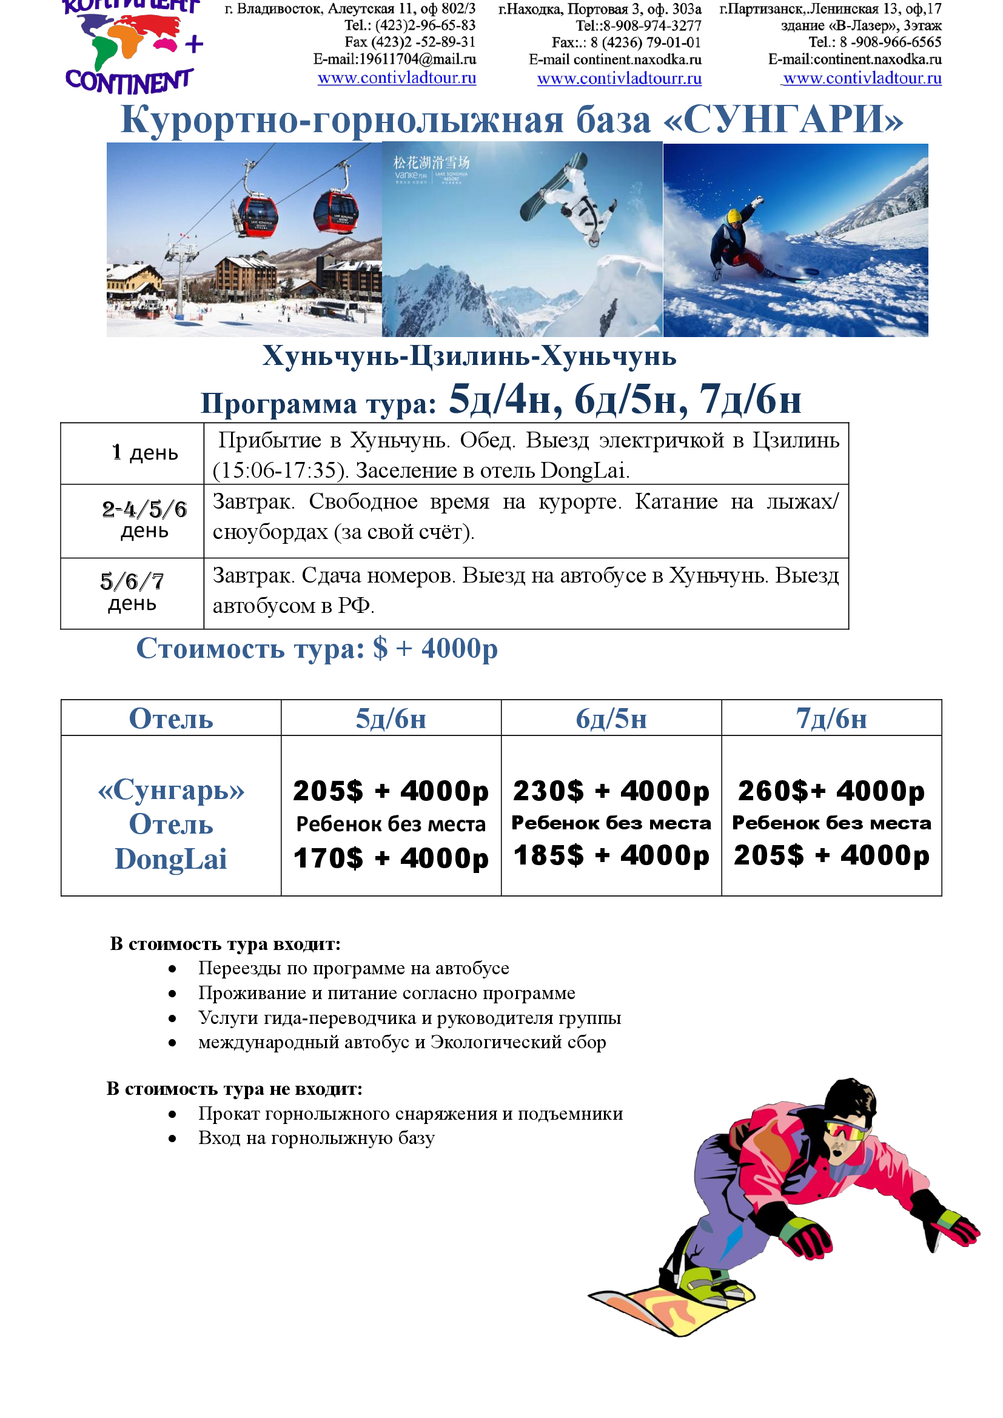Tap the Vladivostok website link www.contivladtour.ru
[x=397, y=78]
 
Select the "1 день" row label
[x=144, y=453]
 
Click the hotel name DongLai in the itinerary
[x=583, y=470]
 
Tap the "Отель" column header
[x=170, y=719]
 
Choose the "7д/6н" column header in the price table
[x=831, y=719]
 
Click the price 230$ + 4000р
[x=611, y=791]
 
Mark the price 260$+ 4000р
[x=831, y=791]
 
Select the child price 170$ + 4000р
[x=391, y=858]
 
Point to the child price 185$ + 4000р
[x=611, y=856]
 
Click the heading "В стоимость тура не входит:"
[x=234, y=1088]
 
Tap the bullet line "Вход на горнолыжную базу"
[x=316, y=1137]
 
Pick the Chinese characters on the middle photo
[x=431, y=162]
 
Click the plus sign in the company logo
[x=194, y=44]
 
